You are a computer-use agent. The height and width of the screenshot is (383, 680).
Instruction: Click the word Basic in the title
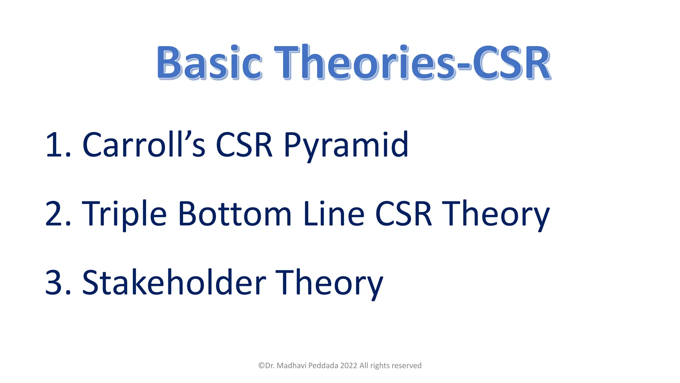point(209,63)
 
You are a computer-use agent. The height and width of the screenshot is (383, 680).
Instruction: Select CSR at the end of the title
point(511,63)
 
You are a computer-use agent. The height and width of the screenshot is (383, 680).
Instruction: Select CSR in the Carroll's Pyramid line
point(244,145)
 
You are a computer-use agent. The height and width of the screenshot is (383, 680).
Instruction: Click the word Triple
point(124,214)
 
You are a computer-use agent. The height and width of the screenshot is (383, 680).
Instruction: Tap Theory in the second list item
point(497,214)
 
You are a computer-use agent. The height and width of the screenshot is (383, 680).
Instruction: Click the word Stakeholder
point(174,283)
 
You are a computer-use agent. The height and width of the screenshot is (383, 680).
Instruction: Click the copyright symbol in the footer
point(262,366)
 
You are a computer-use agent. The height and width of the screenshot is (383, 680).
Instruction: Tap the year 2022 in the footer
point(349,366)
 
